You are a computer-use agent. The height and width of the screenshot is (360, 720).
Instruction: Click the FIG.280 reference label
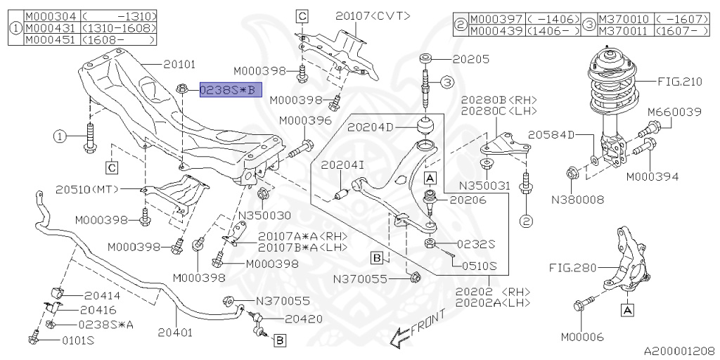tap(572, 267)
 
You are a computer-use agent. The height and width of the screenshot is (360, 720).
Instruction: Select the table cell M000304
tap(50, 15)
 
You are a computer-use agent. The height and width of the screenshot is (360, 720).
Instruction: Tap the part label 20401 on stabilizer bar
tap(174, 331)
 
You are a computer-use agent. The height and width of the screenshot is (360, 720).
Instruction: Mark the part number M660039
tap(674, 112)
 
